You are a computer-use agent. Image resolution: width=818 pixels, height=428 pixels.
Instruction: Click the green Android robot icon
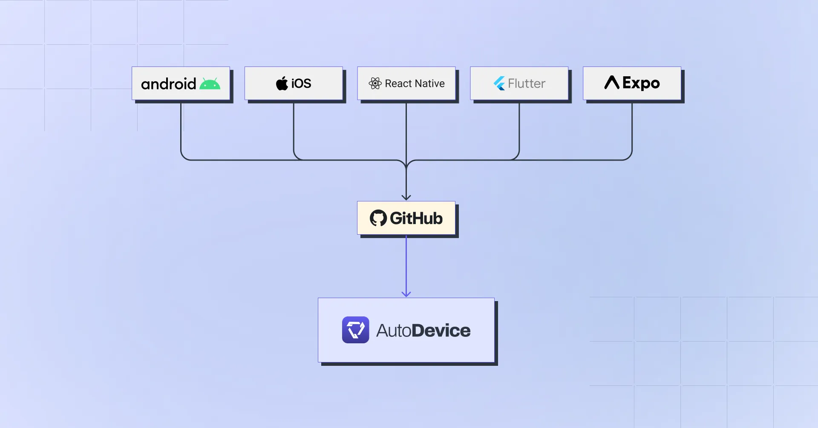(210, 84)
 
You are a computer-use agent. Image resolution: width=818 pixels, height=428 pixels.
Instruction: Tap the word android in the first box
(168, 84)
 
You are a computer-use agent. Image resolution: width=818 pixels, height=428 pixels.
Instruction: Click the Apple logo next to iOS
(282, 83)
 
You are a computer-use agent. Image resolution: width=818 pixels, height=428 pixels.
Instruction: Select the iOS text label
(301, 83)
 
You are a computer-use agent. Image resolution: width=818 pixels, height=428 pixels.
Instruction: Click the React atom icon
(375, 83)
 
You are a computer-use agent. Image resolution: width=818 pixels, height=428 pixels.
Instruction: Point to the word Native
(429, 83)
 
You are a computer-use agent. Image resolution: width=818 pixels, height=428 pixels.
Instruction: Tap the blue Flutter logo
(499, 83)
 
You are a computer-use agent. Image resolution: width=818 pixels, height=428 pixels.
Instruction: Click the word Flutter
(527, 83)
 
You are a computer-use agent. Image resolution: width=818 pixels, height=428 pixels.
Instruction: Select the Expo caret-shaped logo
(612, 82)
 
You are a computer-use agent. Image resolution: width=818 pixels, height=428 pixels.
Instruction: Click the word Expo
(641, 83)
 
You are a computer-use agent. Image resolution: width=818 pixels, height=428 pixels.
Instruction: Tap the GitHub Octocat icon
(378, 218)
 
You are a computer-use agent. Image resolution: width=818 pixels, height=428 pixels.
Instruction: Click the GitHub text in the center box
(416, 218)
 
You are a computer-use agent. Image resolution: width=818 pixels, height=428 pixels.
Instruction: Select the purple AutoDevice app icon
(355, 330)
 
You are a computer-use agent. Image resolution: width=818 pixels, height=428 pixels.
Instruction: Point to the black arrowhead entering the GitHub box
(406, 197)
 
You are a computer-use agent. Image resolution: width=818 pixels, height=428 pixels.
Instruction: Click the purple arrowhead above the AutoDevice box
(406, 293)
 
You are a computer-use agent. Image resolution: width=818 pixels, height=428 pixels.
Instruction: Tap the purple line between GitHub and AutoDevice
(406, 264)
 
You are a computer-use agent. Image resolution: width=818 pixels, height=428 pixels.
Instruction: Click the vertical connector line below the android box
(181, 128)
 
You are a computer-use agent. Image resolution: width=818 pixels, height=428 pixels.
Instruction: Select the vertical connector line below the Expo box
(632, 128)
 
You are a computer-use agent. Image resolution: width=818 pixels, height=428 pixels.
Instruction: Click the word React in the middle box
(398, 83)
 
